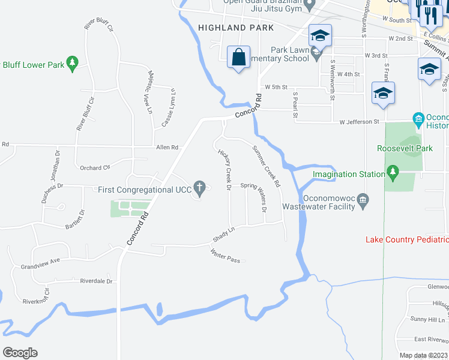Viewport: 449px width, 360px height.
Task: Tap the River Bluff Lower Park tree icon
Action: [72, 62]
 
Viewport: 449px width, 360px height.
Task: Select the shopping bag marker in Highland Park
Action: [239, 57]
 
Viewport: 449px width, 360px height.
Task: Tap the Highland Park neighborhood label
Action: [235, 28]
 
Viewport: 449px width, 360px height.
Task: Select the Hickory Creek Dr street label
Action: [224, 170]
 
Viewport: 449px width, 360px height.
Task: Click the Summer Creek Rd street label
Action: [266, 167]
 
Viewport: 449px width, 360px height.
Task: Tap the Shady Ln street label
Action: [223, 235]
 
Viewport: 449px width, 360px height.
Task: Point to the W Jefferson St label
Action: [359, 122]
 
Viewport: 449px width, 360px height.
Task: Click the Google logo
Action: [20, 353]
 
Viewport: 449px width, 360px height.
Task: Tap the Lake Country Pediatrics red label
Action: [407, 239]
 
